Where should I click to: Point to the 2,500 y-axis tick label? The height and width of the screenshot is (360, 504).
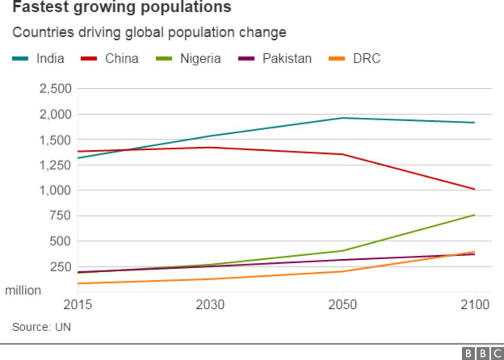point(55,88)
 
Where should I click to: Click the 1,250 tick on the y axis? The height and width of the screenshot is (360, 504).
point(55,165)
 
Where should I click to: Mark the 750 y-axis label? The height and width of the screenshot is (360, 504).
point(61,215)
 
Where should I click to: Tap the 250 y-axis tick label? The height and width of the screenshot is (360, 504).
point(61,267)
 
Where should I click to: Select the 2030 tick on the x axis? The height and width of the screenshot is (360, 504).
point(210,305)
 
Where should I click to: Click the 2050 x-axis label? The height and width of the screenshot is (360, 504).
point(343,305)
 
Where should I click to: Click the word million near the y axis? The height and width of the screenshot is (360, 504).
point(23,291)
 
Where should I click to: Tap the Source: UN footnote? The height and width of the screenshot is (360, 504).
point(41,327)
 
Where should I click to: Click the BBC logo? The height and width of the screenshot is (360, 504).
point(482,353)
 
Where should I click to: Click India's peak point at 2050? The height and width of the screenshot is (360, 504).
point(343,118)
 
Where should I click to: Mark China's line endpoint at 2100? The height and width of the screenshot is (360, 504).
point(474,189)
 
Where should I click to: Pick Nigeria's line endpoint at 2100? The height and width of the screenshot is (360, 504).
point(474,215)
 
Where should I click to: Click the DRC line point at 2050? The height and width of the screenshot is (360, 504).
point(343,271)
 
